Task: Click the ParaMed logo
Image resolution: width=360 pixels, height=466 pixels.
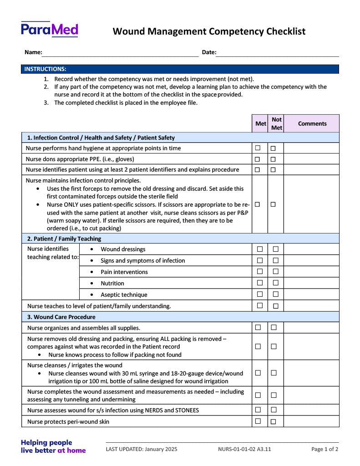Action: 49,30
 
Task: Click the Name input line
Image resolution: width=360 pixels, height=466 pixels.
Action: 120,53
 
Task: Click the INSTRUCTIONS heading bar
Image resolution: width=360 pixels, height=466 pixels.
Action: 180,69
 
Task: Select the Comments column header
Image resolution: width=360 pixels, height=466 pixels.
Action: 312,123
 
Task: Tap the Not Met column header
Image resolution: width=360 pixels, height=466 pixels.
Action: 276,123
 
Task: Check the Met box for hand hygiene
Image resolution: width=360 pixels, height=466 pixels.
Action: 258,148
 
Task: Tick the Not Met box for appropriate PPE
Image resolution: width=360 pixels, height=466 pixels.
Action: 273,159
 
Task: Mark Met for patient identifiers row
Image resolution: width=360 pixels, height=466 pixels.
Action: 258,170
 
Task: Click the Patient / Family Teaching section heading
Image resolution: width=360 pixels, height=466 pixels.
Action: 64,238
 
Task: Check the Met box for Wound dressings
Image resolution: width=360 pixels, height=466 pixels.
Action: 260,249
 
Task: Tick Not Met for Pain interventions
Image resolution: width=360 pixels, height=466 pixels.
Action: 275,272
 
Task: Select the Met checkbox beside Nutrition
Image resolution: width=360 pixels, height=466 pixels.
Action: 260,283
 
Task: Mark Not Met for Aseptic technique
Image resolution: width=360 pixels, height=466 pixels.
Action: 275,294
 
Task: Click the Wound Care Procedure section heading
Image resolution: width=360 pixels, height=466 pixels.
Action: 61,317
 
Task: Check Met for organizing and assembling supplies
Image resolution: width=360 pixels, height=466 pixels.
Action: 258,327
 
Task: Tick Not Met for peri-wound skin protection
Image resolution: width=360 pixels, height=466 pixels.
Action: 274,421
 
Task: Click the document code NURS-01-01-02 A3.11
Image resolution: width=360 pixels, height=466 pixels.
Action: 244,449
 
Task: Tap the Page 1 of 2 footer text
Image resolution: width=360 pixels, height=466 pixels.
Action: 325,449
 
